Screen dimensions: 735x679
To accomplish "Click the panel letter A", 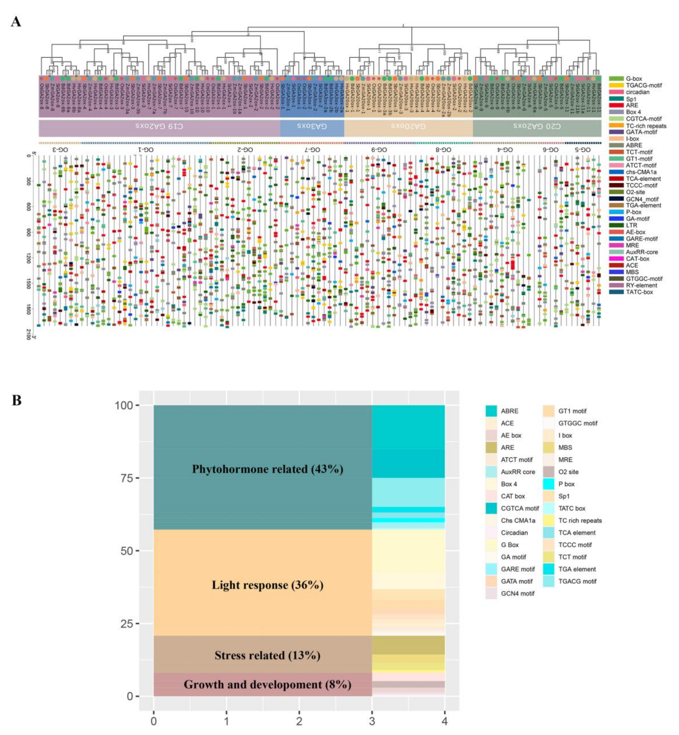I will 16,22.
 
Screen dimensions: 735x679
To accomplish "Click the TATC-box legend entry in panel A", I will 639,292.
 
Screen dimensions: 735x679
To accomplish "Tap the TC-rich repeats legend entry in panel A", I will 646,126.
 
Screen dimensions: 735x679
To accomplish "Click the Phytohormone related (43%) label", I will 267,469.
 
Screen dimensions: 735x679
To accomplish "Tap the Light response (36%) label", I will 267,585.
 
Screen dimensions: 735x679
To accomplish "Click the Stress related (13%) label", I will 267,655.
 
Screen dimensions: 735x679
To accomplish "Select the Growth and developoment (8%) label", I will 267,684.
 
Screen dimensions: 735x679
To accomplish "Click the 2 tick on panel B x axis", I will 299,721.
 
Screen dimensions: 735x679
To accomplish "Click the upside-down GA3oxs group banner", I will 312,126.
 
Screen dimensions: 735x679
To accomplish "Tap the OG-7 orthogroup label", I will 312,150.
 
